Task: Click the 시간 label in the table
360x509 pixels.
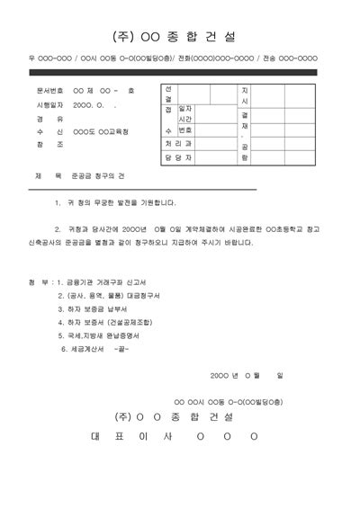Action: pyautogui.click(x=187, y=118)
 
